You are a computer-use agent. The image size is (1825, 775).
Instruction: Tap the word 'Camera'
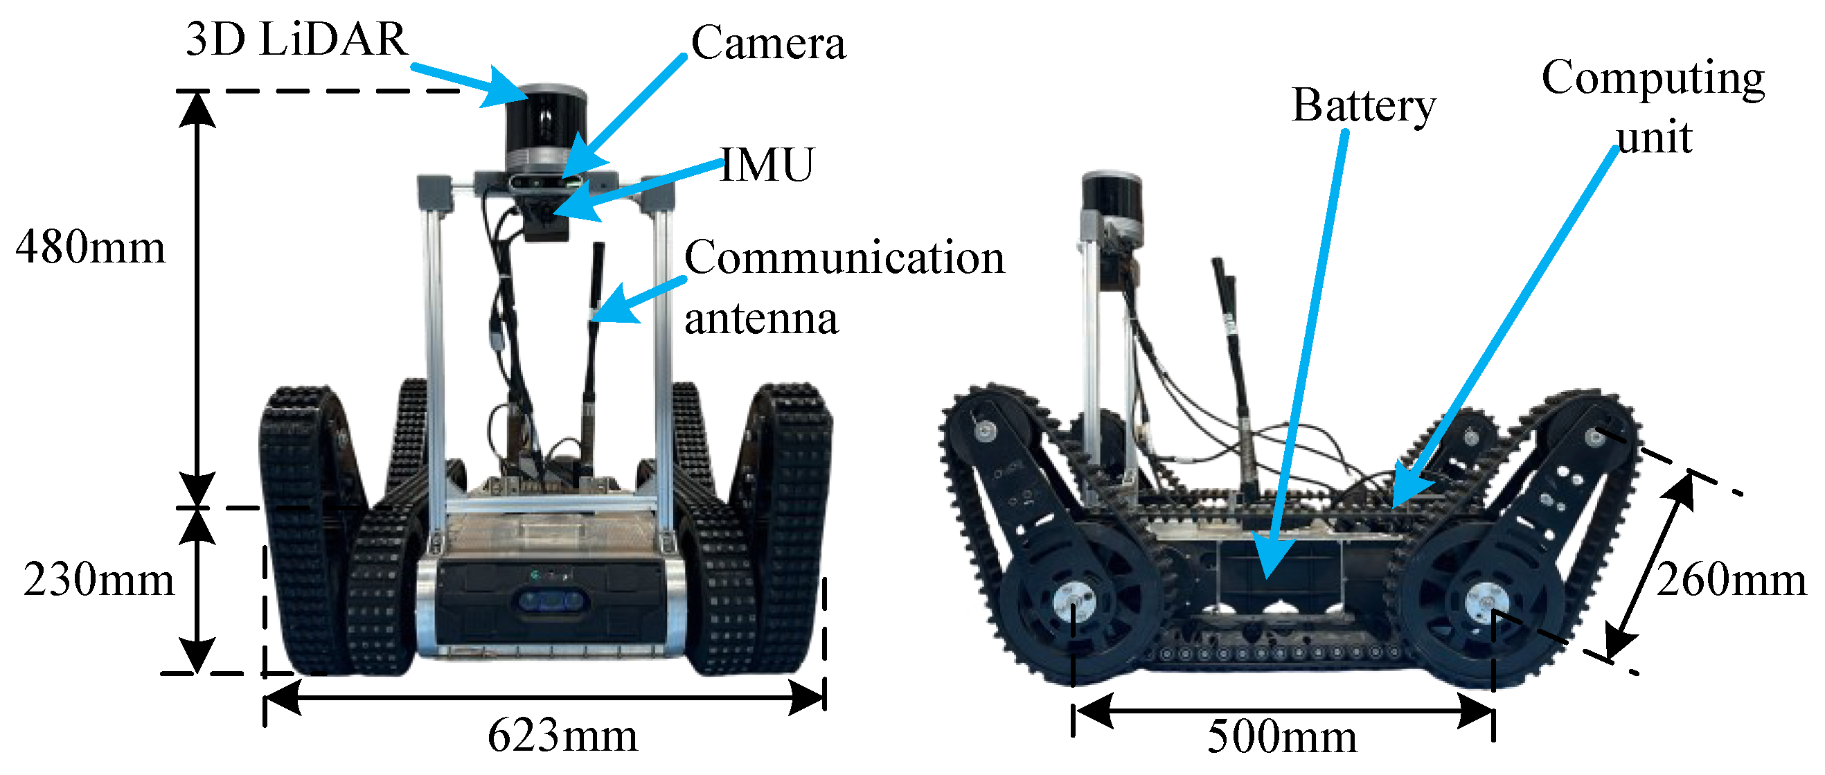(768, 43)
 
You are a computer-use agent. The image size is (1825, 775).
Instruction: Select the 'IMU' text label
(767, 165)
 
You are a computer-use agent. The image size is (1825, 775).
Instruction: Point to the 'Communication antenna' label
(843, 287)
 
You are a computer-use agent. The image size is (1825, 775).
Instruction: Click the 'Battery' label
(1363, 106)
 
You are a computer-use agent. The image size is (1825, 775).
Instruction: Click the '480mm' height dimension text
(91, 248)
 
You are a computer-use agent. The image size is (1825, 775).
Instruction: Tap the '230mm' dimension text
(98, 580)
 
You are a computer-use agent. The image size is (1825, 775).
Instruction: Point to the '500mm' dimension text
(1282, 737)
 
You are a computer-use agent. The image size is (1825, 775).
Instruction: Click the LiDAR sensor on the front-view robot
(546, 127)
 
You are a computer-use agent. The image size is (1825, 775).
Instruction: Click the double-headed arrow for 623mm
(544, 698)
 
